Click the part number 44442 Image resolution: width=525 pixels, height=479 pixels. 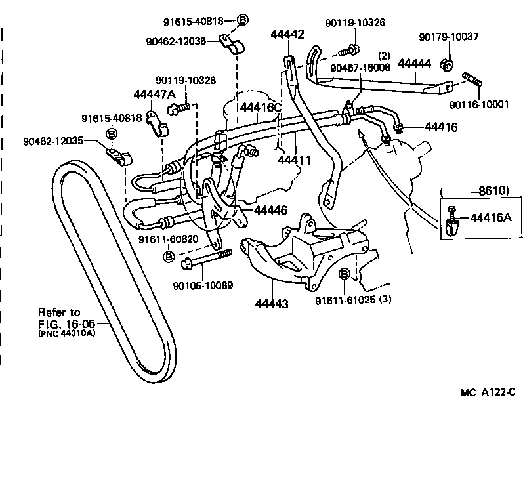(x=287, y=35)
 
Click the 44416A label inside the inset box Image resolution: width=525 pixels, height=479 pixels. (x=492, y=217)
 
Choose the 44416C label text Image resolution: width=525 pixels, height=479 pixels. (x=260, y=107)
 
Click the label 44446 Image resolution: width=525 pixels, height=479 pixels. (x=271, y=210)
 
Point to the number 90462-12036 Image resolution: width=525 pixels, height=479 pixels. (x=176, y=41)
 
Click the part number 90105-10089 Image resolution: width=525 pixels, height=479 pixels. (x=203, y=286)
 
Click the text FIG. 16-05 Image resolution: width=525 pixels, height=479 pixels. (x=66, y=323)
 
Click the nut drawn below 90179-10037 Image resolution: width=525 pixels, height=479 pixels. (x=448, y=64)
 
